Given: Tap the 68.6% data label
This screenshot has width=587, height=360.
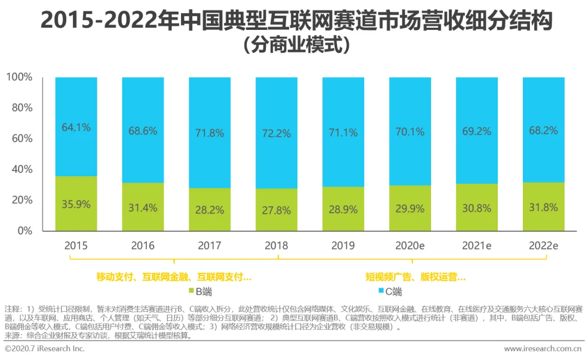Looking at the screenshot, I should tap(143, 131).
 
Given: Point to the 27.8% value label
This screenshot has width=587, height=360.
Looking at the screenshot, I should tap(276, 209).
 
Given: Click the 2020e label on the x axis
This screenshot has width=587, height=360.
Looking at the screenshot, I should tap(410, 246).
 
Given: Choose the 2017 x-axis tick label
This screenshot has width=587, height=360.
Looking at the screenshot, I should tap(209, 246).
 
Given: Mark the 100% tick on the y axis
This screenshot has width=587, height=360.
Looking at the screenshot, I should tap(19, 78).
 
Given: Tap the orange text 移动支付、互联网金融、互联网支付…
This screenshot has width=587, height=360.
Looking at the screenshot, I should tap(174, 277).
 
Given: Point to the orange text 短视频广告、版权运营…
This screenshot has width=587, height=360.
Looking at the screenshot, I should tap(416, 277).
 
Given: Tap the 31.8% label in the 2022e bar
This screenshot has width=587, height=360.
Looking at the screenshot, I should tap(543, 207).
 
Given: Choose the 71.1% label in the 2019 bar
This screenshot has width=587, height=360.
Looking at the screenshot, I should tap(343, 132).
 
